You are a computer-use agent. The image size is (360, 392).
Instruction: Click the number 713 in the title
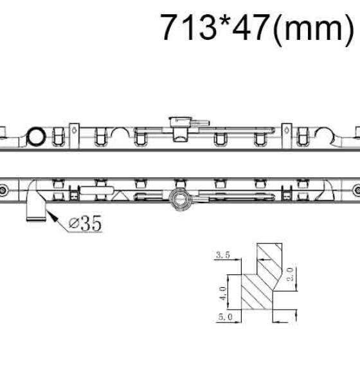pyautogui.click(x=189, y=27)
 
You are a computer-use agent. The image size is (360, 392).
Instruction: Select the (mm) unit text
pyautogui.click(x=314, y=29)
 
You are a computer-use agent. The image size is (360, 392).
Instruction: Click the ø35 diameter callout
pyautogui.click(x=85, y=223)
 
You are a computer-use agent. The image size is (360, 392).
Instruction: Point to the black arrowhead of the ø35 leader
pyautogui.click(x=52, y=217)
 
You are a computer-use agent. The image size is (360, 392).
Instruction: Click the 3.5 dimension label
pyautogui.click(x=223, y=255)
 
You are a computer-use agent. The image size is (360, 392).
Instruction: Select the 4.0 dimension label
pyautogui.click(x=222, y=294)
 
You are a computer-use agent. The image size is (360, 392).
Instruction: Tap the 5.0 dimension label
pyautogui.click(x=225, y=317)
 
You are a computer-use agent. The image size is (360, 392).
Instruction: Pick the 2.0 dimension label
pyautogui.click(x=290, y=274)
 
